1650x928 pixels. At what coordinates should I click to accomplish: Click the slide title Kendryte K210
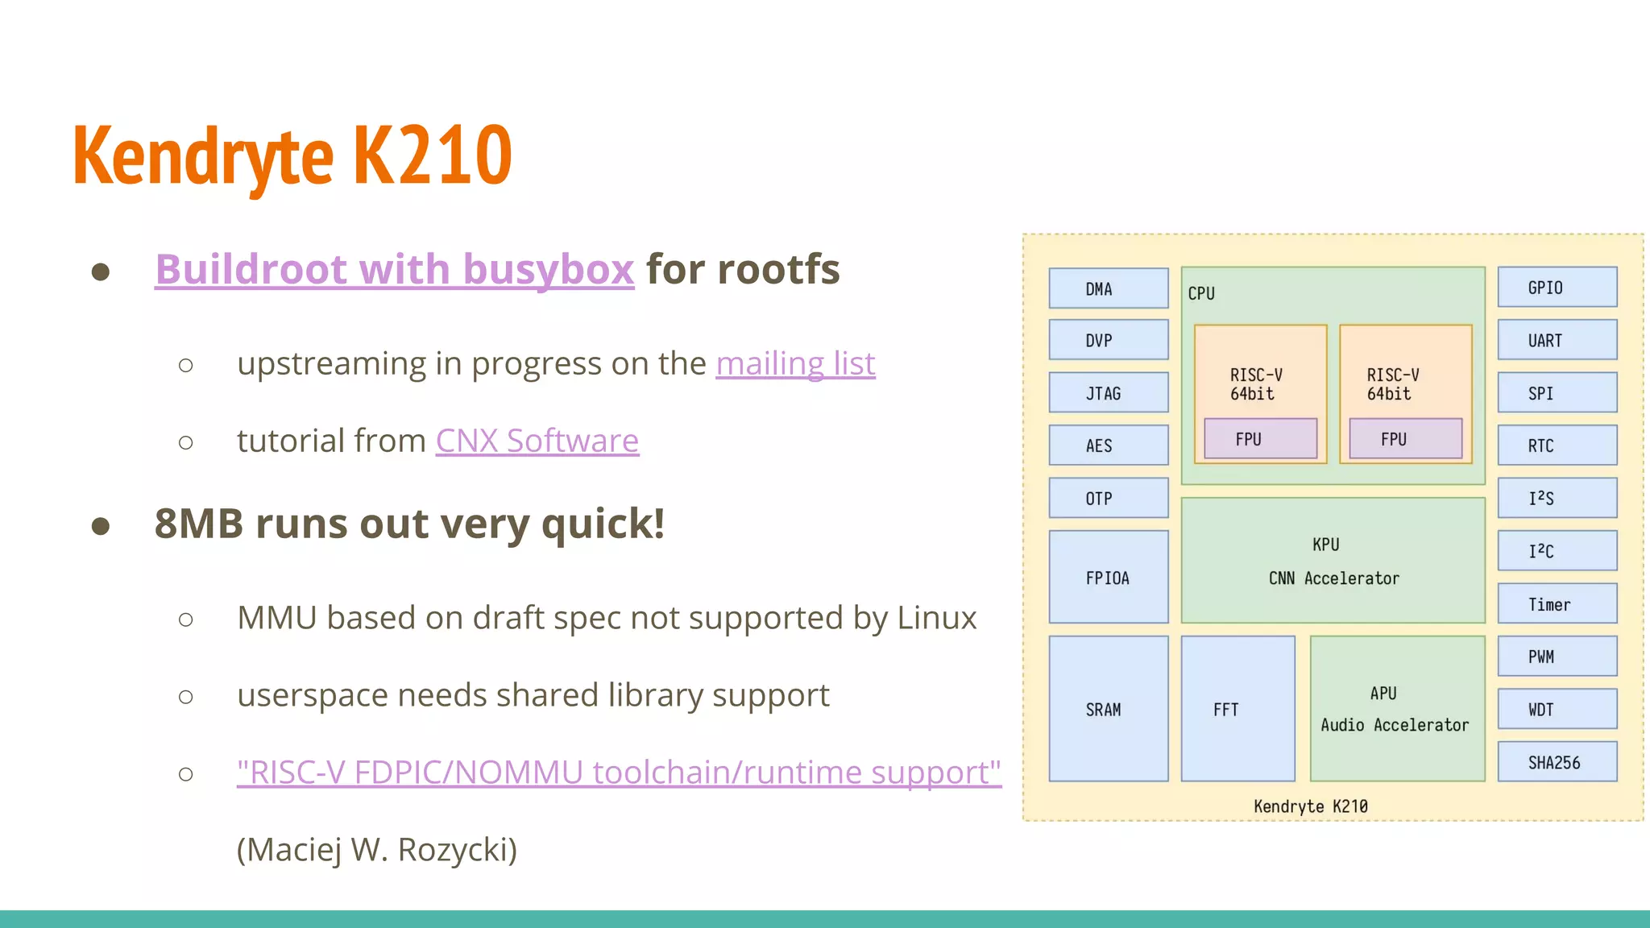point(292,155)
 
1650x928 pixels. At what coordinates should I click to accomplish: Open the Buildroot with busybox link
point(394,269)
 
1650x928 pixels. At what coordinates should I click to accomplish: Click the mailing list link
point(794,364)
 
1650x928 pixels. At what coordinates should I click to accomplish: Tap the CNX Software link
point(537,441)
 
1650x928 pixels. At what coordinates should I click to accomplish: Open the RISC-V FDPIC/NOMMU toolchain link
point(618,773)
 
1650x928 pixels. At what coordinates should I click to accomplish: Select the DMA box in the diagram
point(1108,288)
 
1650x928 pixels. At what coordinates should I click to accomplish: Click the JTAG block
point(1108,393)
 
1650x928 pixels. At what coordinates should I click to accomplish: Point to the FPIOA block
point(1108,577)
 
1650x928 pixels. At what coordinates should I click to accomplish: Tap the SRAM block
point(1108,709)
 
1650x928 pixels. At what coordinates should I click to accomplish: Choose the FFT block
point(1237,709)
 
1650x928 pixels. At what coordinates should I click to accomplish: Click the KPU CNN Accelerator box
point(1333,561)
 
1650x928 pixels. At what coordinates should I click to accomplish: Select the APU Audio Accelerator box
point(1396,709)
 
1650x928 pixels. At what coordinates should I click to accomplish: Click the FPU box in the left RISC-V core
point(1260,439)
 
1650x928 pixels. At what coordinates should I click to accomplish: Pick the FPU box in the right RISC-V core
point(1405,439)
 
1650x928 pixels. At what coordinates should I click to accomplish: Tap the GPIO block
point(1557,288)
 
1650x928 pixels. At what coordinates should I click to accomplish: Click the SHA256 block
point(1557,762)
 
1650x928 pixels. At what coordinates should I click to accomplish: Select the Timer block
point(1557,604)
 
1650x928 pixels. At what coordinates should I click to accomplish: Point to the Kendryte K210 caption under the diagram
point(1311,806)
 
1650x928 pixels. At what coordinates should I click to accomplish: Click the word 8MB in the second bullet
point(198,524)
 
